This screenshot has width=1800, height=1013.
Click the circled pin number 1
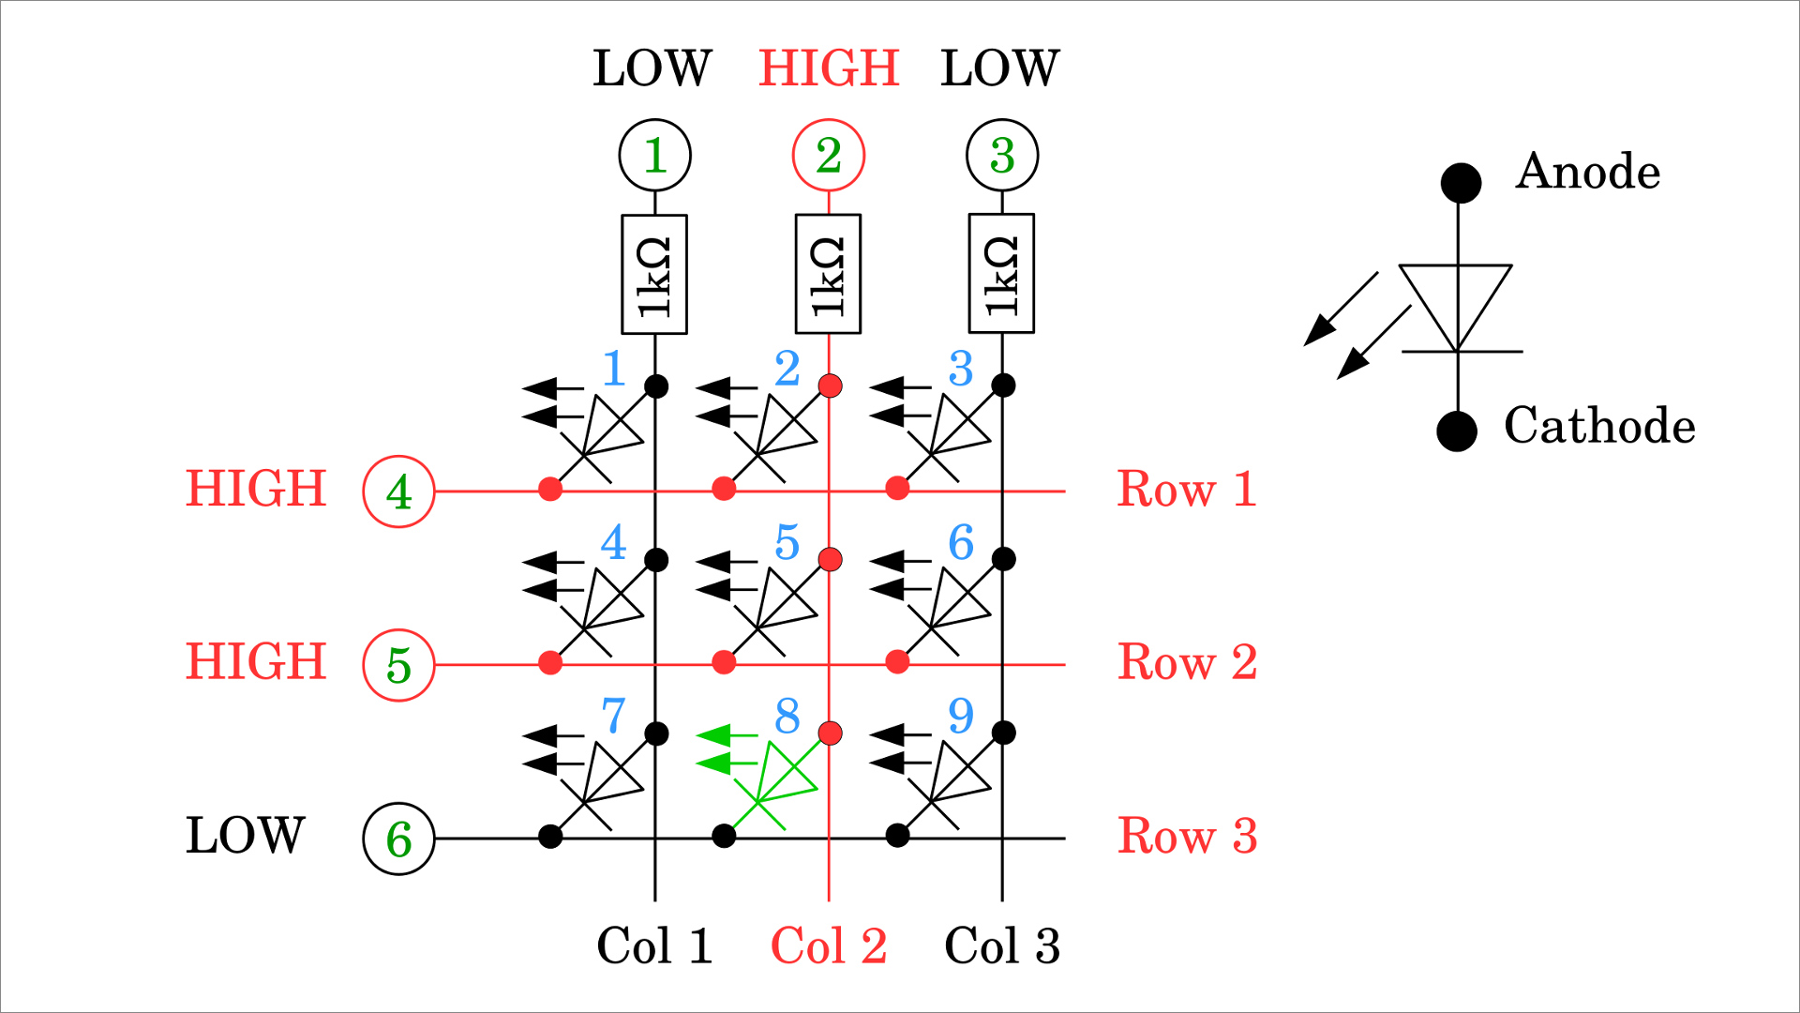click(655, 155)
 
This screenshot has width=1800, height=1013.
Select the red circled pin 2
click(829, 155)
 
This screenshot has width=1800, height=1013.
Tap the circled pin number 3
click(1002, 155)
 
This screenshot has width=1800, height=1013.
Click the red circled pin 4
click(398, 491)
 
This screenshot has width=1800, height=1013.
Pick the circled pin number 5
click(398, 665)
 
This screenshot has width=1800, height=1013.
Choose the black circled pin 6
click(398, 839)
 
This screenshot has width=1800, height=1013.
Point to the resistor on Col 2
click(829, 274)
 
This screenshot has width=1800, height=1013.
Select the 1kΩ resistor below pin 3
click(1002, 274)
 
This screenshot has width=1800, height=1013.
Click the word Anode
click(1587, 172)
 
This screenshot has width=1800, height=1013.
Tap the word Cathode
click(1599, 426)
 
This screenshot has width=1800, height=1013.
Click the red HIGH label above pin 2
click(829, 68)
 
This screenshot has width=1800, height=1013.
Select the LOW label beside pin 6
click(245, 835)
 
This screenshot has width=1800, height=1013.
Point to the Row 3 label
click(1187, 836)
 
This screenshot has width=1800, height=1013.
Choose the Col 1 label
click(654, 945)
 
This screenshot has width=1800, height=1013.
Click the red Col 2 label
click(829, 945)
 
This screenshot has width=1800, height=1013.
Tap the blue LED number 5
click(787, 543)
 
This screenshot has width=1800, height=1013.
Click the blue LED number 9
click(961, 717)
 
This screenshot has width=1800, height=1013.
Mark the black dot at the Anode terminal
click(1461, 182)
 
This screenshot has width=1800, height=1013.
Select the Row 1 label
click(1187, 489)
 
